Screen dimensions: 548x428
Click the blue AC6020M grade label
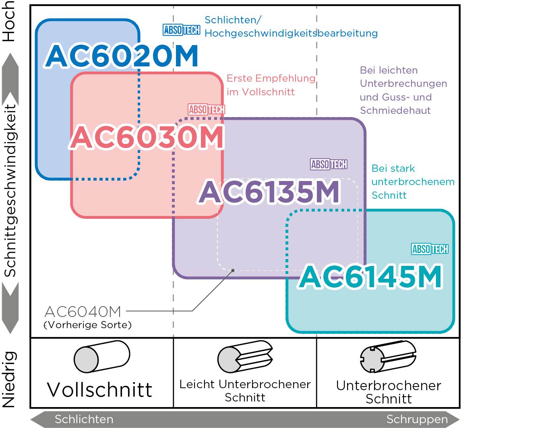click(x=121, y=56)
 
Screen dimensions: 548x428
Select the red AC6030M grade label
click(x=147, y=137)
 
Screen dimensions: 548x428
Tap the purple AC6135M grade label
click(x=269, y=192)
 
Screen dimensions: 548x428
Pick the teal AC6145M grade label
click(x=370, y=276)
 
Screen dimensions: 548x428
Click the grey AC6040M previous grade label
click(x=83, y=312)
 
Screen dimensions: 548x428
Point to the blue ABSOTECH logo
click(x=182, y=30)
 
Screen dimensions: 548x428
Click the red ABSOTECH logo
click(x=207, y=109)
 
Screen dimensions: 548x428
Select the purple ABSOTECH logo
click(x=329, y=164)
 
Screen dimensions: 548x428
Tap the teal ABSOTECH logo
click(x=430, y=249)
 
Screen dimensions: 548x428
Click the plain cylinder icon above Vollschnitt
click(x=102, y=356)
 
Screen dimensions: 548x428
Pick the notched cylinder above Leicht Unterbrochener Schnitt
click(x=245, y=356)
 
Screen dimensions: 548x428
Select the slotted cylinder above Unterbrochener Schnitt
click(x=388, y=356)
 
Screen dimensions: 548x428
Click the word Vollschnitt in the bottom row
click(x=99, y=390)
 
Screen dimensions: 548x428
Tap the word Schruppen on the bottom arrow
click(x=417, y=419)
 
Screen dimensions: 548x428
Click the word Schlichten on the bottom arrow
click(x=84, y=419)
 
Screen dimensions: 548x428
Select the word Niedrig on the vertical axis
click(x=9, y=379)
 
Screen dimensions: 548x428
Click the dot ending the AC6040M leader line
click(x=233, y=271)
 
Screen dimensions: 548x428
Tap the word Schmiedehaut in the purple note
click(x=395, y=111)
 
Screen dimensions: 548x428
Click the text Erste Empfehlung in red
click(x=271, y=78)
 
